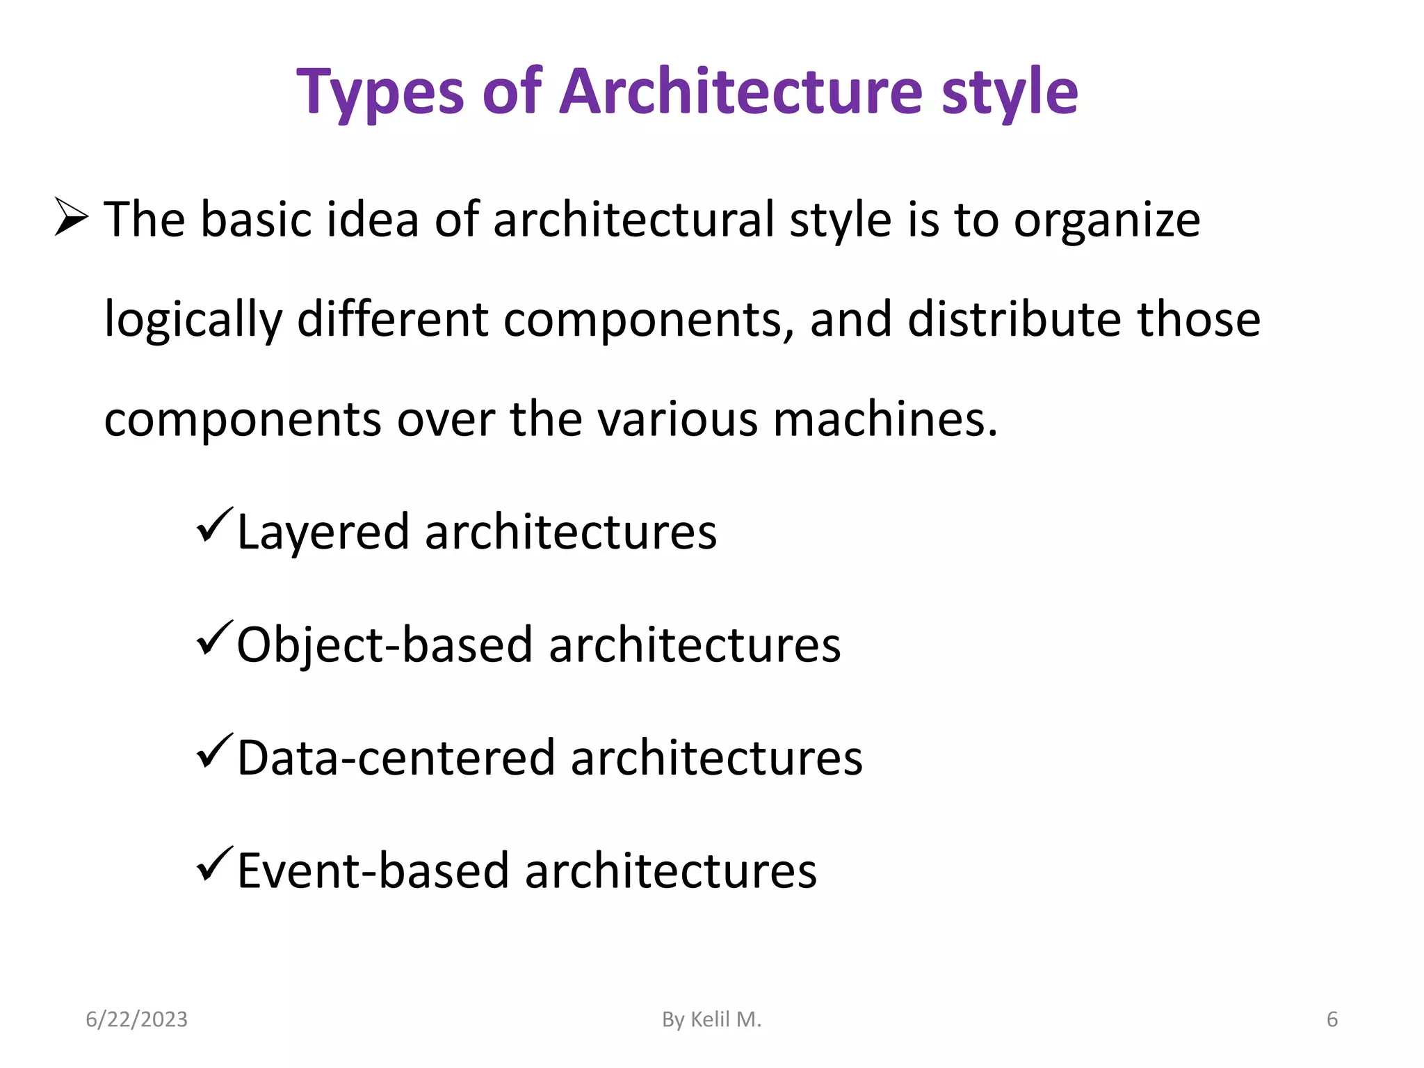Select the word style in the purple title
click(x=1010, y=92)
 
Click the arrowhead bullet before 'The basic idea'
click(x=71, y=217)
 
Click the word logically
click(x=193, y=321)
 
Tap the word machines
click(x=885, y=420)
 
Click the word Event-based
click(x=373, y=871)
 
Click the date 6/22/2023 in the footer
click(x=136, y=1019)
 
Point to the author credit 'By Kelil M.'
click(x=711, y=1019)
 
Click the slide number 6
click(x=1332, y=1019)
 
